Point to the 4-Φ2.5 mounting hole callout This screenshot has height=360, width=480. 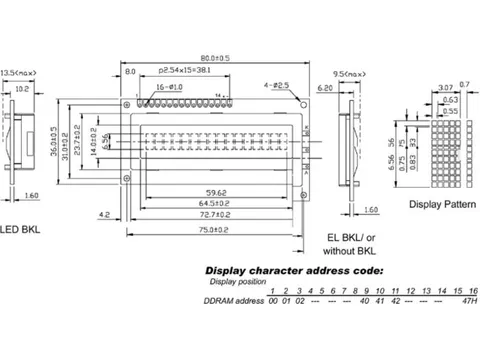(275, 89)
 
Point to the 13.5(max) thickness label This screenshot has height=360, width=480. (19, 73)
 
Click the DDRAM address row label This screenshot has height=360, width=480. (233, 300)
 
